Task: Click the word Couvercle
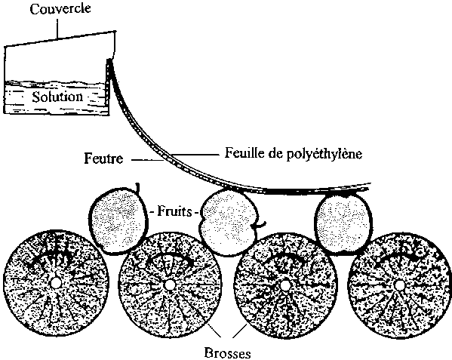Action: (60, 8)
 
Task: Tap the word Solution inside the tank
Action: (57, 97)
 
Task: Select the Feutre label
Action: (103, 158)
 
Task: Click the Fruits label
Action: (174, 212)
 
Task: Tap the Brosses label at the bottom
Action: (227, 353)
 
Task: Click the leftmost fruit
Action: (118, 220)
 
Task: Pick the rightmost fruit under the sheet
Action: (343, 223)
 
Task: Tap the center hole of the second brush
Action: (169, 285)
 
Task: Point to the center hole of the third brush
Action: (285, 285)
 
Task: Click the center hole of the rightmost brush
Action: (399, 285)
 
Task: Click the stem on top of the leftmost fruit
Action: (138, 188)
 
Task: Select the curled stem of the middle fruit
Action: (260, 225)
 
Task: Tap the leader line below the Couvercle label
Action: (57, 28)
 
